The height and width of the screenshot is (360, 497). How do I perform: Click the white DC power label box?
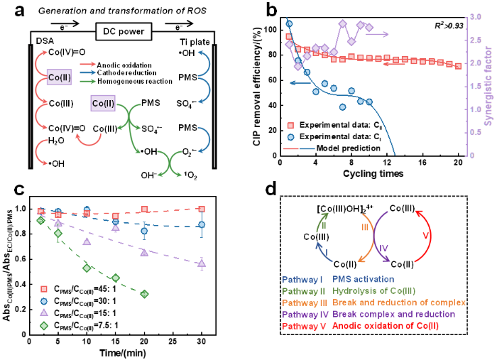point(124,32)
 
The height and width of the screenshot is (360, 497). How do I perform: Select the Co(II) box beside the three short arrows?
point(59,77)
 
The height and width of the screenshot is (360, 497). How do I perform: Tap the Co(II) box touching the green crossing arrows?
point(103,104)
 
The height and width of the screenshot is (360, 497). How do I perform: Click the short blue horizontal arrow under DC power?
point(87,72)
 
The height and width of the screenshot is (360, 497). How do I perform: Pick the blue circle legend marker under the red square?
point(290,137)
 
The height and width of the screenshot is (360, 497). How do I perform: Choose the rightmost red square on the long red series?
point(459,65)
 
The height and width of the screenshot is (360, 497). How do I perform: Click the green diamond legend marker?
point(44,325)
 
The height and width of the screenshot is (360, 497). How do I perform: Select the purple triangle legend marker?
point(44,312)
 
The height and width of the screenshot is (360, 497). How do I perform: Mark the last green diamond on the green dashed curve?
point(144,294)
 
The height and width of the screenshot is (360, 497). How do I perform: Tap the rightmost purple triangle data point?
point(202,263)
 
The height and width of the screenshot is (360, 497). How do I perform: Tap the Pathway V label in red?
point(302,325)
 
